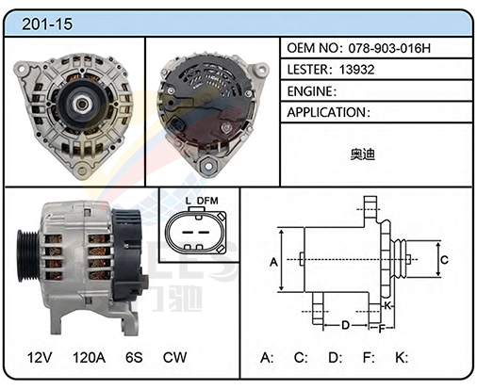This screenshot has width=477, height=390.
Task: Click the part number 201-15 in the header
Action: point(47,24)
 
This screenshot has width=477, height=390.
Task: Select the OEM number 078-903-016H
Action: point(389,48)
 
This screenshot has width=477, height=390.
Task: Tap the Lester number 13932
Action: point(357,70)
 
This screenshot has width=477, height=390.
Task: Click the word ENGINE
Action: point(309,91)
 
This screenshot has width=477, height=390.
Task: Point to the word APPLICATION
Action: point(326,112)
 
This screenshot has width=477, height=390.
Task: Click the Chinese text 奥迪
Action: point(363,154)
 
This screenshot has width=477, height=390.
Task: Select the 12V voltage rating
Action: point(40,357)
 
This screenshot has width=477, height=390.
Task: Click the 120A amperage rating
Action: point(89,357)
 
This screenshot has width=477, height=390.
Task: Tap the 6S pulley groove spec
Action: point(134,357)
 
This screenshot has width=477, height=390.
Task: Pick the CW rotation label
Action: point(174,357)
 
